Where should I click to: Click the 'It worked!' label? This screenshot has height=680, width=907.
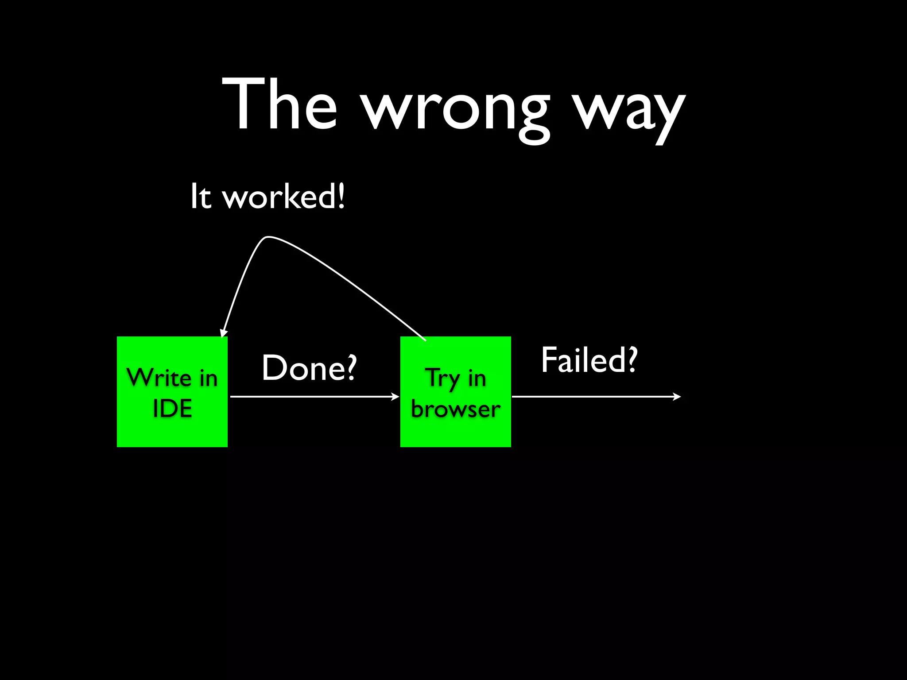click(267, 197)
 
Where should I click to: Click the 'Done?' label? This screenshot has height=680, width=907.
click(309, 368)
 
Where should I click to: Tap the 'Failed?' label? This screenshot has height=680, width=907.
click(589, 360)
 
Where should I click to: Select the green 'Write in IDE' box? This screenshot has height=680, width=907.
click(172, 392)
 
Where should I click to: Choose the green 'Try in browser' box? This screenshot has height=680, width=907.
click(456, 392)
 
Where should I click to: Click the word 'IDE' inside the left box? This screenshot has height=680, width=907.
click(172, 408)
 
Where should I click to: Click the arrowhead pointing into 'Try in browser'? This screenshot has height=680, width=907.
click(395, 397)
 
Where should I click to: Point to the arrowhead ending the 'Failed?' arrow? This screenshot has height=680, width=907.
click(677, 397)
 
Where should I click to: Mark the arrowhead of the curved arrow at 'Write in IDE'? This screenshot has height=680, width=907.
click(223, 333)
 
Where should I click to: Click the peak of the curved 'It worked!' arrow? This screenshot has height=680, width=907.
click(268, 237)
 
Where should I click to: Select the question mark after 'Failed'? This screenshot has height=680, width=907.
click(632, 359)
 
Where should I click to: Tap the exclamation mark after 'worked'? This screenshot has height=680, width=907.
click(341, 196)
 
